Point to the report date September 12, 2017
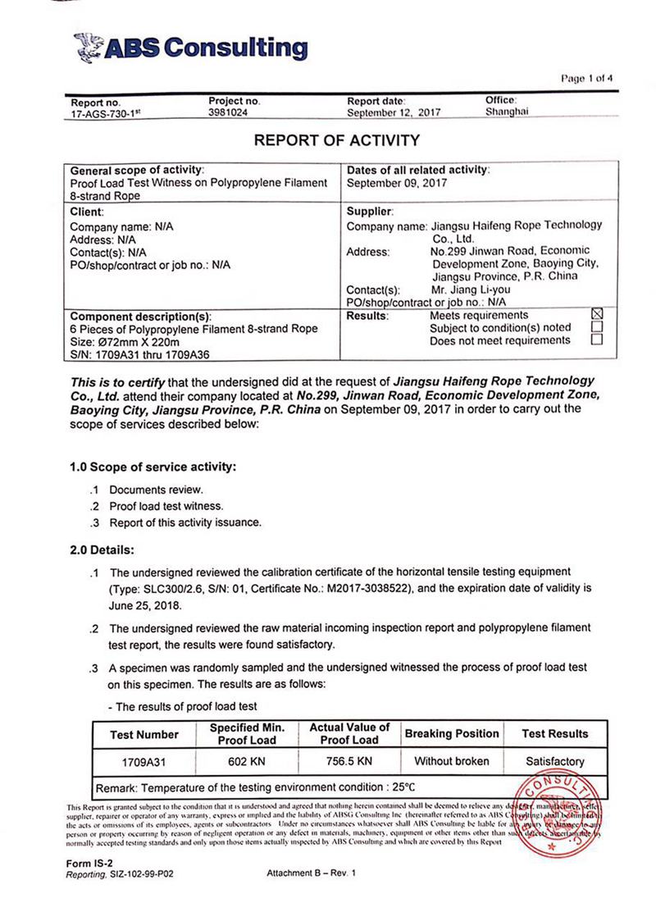[394, 113]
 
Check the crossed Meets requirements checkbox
[597, 315]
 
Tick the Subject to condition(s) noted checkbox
[597, 327]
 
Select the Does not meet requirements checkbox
[597, 340]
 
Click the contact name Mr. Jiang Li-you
[471, 290]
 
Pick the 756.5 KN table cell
[349, 761]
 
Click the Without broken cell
[451, 761]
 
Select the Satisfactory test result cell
[554, 761]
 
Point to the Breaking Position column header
[451, 733]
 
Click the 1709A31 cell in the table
[143, 761]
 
